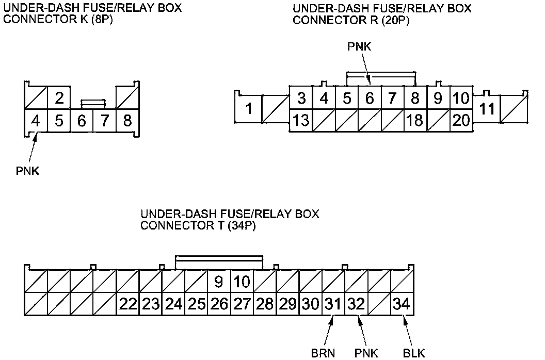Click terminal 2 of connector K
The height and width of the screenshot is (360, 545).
tap(59, 97)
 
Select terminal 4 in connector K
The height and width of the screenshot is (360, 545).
tap(36, 121)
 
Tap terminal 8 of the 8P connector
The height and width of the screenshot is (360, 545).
tap(127, 121)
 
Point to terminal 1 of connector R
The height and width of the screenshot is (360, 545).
tap(249, 109)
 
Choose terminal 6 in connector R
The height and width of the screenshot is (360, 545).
tap(370, 97)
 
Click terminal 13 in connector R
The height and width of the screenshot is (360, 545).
tap(301, 121)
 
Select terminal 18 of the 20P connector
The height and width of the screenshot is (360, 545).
tap(414, 121)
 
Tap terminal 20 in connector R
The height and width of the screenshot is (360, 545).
tap(461, 121)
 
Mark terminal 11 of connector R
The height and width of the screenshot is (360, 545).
tap(487, 109)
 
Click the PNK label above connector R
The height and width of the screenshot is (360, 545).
tap(359, 47)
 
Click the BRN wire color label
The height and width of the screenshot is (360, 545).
tap(324, 353)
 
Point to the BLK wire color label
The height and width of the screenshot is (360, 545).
tap(413, 353)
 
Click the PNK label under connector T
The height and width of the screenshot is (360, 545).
tap(366, 353)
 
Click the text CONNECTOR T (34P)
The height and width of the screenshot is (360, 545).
tap(198, 225)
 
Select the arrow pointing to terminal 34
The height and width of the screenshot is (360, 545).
tap(407, 330)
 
